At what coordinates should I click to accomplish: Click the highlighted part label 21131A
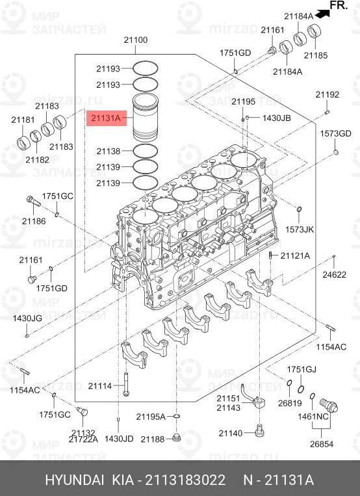point(107,118)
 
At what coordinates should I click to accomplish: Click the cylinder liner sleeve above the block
point(145,117)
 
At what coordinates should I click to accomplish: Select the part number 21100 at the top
point(136,40)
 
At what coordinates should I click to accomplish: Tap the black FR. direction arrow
point(322,14)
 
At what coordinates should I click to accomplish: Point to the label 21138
point(108,151)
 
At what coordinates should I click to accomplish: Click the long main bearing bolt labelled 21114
point(126,384)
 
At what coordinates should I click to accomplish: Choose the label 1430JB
point(276,118)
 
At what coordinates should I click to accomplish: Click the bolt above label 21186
point(34,201)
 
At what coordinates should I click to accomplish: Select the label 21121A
point(295,255)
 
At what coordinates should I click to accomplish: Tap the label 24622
point(335,274)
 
